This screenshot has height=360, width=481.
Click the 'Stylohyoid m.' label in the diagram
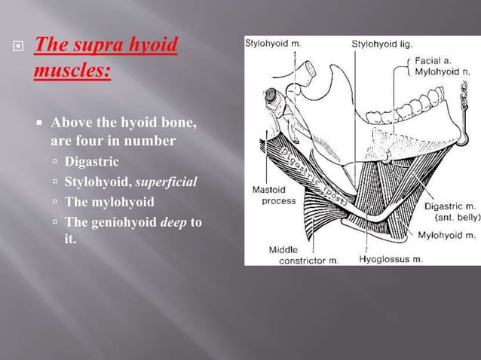(x=273, y=44)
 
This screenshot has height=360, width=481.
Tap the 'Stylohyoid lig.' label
(x=381, y=44)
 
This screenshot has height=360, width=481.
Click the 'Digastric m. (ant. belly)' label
(x=448, y=209)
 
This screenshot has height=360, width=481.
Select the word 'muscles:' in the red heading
(x=72, y=72)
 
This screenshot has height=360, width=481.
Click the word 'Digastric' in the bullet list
(x=92, y=160)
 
